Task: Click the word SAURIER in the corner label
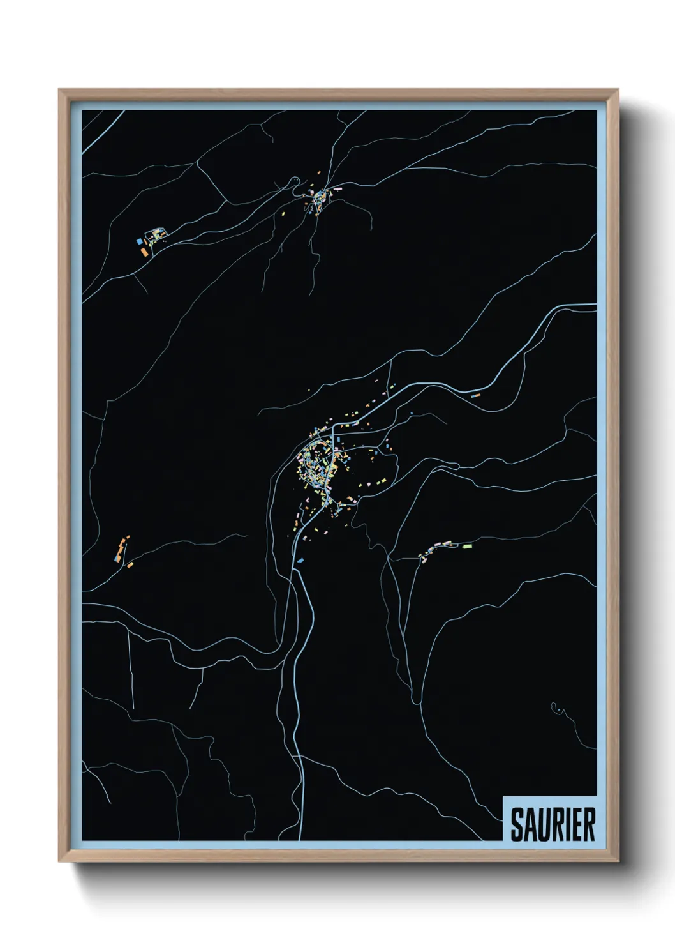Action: click(553, 824)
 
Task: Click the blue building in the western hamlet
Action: click(139, 242)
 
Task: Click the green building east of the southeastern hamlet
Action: click(467, 547)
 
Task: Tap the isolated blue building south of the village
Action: click(300, 560)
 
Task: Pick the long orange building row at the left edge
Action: click(120, 547)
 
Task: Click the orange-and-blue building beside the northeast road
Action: click(474, 396)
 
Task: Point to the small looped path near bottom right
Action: click(556, 707)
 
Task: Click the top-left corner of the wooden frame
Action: click(60, 91)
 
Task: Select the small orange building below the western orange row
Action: click(130, 564)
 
